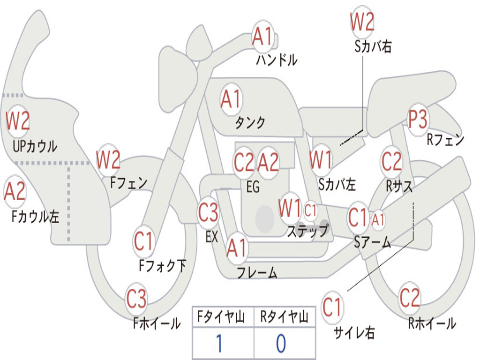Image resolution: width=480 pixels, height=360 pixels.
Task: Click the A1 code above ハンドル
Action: click(x=262, y=37)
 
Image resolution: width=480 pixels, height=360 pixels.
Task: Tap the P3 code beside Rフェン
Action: click(x=418, y=119)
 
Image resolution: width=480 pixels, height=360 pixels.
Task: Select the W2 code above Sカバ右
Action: click(x=362, y=22)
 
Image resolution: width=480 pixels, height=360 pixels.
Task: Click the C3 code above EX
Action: click(x=208, y=212)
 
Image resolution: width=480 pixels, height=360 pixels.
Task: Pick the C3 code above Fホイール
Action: click(x=136, y=299)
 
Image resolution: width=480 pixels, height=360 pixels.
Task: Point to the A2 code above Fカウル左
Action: click(x=15, y=191)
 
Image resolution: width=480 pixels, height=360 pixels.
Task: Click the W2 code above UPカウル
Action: click(x=18, y=121)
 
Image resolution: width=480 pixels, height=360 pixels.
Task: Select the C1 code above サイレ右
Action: click(x=332, y=307)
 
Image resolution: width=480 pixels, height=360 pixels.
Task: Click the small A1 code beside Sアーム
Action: click(x=378, y=219)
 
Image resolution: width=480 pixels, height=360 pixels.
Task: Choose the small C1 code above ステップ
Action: click(x=310, y=210)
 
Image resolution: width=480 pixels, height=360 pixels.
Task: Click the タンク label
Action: click(x=250, y=123)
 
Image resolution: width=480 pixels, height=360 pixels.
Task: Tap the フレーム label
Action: click(x=257, y=272)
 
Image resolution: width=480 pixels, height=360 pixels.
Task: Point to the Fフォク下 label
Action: click(x=162, y=265)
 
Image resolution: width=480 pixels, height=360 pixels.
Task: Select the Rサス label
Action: click(x=399, y=186)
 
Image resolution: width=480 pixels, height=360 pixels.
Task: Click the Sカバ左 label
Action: click(x=337, y=184)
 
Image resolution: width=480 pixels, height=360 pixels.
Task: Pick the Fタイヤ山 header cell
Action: click(x=223, y=316)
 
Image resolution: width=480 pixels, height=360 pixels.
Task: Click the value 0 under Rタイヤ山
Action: click(x=281, y=343)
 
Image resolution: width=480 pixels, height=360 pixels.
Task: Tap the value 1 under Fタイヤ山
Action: click(x=219, y=343)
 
